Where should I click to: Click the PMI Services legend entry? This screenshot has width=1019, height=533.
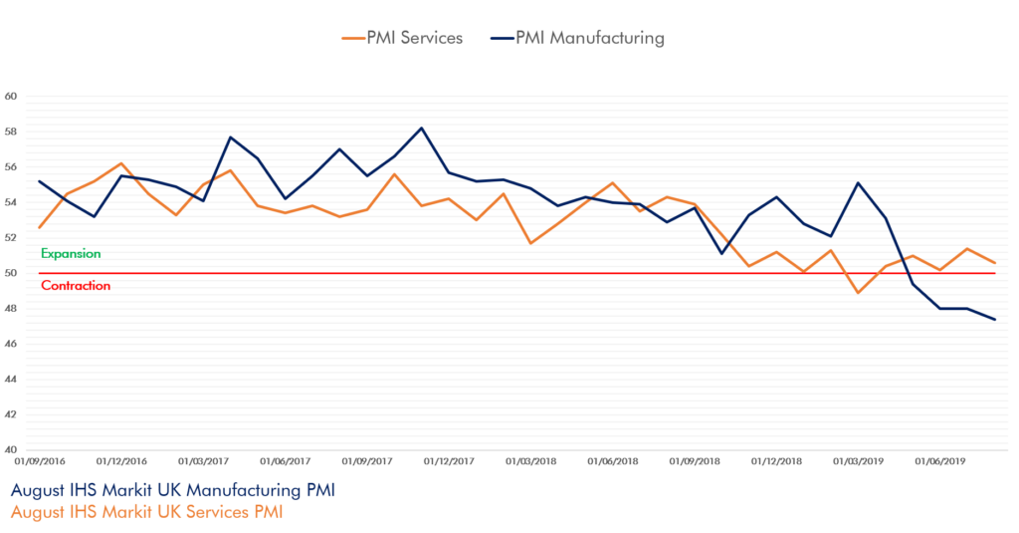click(402, 39)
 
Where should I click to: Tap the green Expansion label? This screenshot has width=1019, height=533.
click(71, 254)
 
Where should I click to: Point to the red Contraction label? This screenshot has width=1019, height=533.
click(76, 286)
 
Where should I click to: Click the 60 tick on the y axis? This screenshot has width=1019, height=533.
click(11, 97)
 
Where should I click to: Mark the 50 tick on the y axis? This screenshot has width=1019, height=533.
click(11, 273)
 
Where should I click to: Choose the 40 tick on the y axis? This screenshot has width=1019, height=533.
click(11, 448)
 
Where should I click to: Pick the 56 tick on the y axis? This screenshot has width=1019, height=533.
click(11, 167)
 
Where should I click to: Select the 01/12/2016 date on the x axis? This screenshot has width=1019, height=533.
click(121, 461)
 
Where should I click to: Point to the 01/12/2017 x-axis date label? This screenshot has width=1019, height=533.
click(449, 461)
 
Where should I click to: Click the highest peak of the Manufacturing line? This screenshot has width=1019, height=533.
click(421, 128)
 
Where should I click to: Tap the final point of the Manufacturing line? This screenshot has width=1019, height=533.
click(995, 319)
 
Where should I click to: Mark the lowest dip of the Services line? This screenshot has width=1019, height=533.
click(859, 293)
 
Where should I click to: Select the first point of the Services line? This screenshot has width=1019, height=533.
click(39, 229)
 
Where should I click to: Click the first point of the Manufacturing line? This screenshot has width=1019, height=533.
click(39, 180)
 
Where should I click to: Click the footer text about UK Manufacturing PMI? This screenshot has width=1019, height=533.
click(172, 492)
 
